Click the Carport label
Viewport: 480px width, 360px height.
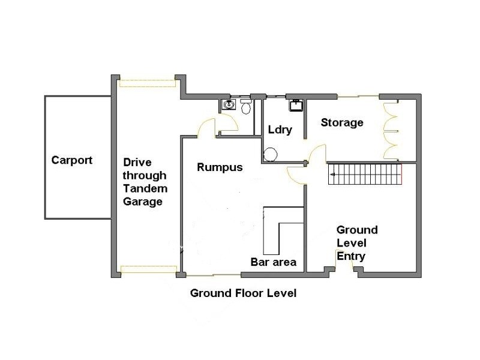click(x=72, y=160)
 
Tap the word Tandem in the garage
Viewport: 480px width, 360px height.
click(x=145, y=188)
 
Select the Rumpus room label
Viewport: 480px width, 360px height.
click(x=220, y=167)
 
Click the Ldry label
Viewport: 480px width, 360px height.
click(x=280, y=130)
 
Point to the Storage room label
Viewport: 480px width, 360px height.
click(x=342, y=123)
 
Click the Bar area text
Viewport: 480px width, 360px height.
click(x=273, y=262)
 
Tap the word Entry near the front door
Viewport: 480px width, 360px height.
click(x=351, y=256)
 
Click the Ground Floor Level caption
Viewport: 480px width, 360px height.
click(x=243, y=293)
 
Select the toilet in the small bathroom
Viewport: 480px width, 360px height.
click(x=245, y=107)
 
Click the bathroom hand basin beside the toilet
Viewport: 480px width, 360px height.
click(x=228, y=105)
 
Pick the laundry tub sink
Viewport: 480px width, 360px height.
click(x=296, y=106)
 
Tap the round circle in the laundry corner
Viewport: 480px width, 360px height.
click(x=271, y=155)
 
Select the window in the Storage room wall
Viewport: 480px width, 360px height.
click(x=358, y=96)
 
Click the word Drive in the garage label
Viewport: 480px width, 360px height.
click(x=137, y=163)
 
